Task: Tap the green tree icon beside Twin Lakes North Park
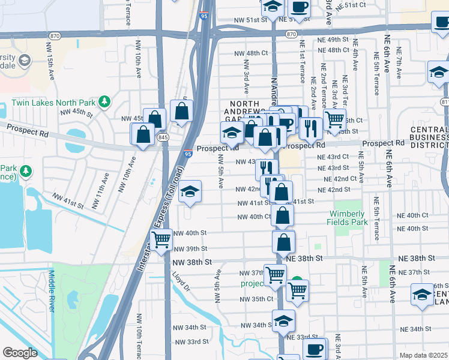point(104,100)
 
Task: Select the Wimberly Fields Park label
point(346,218)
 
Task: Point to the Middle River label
point(51,292)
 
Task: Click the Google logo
point(20,353)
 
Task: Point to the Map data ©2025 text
point(423,355)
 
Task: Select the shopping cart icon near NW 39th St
point(161,240)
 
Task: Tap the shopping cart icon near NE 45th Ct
point(334,118)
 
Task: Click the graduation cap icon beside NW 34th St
point(283,320)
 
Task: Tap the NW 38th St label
point(192,262)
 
